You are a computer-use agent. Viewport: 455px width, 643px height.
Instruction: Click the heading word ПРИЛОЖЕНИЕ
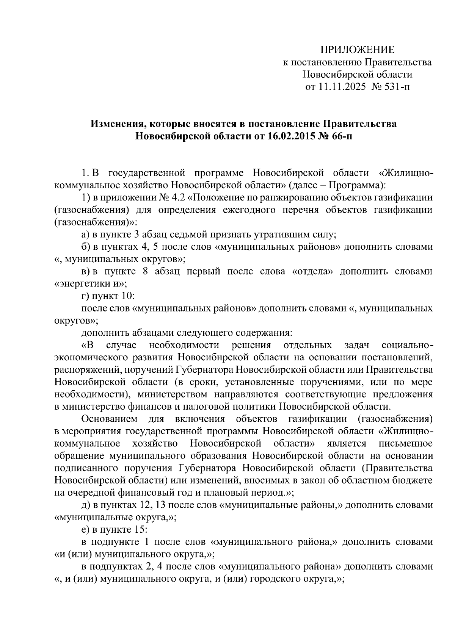point(357,50)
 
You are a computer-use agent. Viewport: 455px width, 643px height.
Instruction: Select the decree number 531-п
point(396,87)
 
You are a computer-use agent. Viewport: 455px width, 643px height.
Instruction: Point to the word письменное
point(406,443)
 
